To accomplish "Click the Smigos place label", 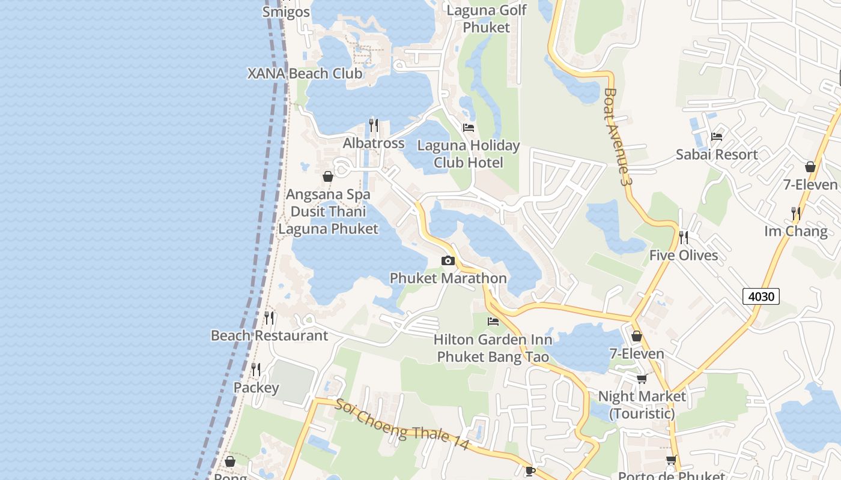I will tap(287, 12).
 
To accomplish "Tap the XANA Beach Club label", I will tap(305, 74).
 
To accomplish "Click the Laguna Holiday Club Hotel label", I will tap(469, 154).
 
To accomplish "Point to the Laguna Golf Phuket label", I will tap(487, 19).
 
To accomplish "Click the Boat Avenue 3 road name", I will tap(618, 137).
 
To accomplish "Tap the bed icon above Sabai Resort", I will tap(717, 137).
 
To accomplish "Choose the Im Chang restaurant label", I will tap(796, 231).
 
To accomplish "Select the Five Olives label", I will tap(684, 256).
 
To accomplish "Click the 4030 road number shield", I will tap(761, 296).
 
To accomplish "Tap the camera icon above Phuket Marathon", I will tap(448, 260).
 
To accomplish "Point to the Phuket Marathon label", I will tap(448, 278).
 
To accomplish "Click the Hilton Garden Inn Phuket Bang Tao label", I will tap(493, 348).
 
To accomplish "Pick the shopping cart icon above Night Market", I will tap(642, 379).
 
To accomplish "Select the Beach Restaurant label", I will tap(269, 335).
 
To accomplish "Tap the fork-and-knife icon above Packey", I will tap(256, 369).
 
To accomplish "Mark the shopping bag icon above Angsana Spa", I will tap(328, 176).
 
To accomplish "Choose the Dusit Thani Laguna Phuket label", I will tap(328, 220).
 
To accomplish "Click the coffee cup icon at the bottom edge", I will tap(530, 471).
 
